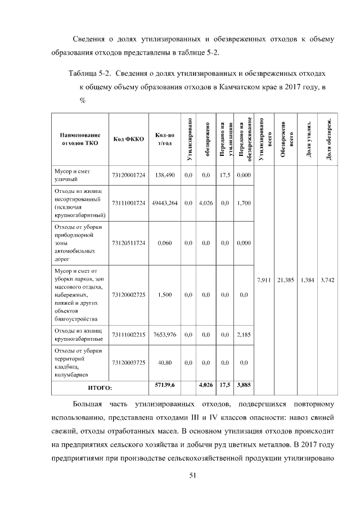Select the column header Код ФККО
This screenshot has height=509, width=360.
tap(129, 139)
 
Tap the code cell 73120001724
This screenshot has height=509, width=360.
tap(129, 175)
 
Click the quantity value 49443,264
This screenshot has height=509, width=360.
tap(165, 203)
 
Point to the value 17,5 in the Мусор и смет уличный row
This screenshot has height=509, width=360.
tap(225, 175)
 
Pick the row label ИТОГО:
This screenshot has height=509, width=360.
tap(100, 388)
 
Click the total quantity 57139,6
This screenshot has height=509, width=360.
tap(165, 385)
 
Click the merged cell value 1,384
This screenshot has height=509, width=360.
tap(308, 280)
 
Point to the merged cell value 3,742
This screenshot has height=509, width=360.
tap(328, 280)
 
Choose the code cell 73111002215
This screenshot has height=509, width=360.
tap(129, 335)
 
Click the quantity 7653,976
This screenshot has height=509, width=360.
tap(165, 335)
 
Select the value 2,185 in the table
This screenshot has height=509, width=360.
tap(244, 335)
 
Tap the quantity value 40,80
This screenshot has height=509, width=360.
tap(165, 363)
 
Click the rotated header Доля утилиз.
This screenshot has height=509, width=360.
tap(308, 139)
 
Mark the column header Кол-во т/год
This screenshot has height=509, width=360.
tap(165, 139)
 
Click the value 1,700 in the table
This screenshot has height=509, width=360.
tap(244, 203)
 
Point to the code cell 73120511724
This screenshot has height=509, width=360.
tap(129, 242)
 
